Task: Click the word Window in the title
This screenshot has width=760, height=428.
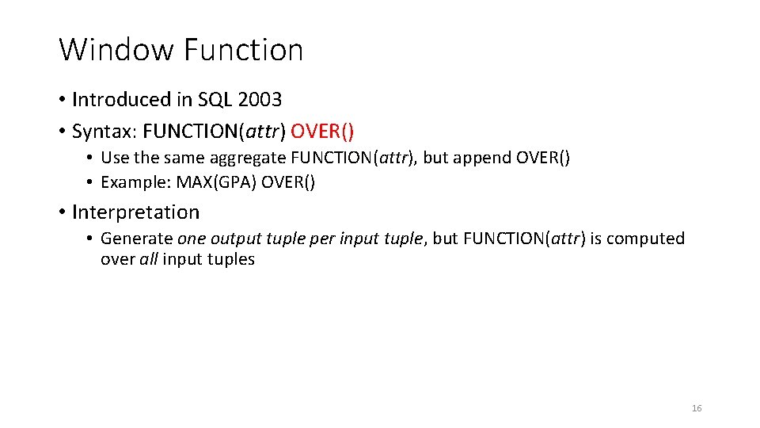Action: tap(116, 50)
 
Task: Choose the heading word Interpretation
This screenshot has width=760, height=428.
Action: tap(135, 212)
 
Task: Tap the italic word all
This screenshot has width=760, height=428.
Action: tap(149, 259)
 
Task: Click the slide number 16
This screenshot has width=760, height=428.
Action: tap(697, 408)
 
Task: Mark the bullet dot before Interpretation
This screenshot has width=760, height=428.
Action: tap(62, 212)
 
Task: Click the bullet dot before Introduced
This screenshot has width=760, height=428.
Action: tap(62, 100)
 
